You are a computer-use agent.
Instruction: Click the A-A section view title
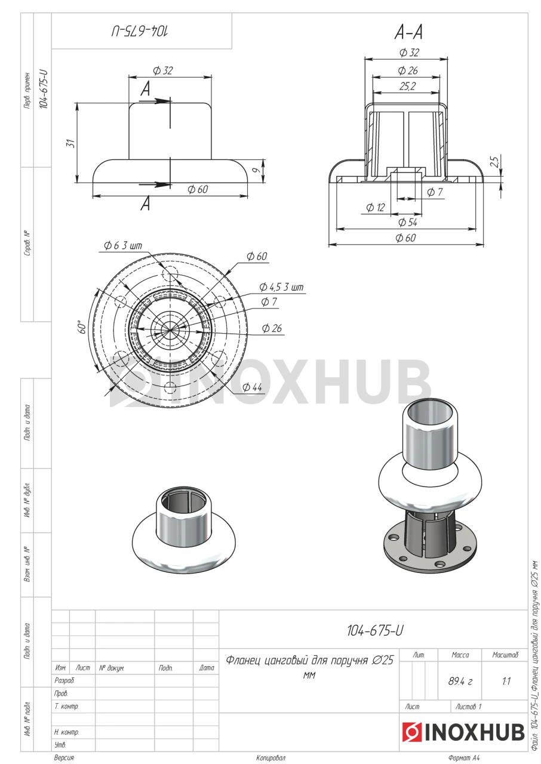[x=408, y=33]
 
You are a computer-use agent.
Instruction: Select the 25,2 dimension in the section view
[x=408, y=87]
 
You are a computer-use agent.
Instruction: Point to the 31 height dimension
[x=70, y=143]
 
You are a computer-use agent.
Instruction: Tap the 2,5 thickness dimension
[x=495, y=161]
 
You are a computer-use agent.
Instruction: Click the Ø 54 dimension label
[x=408, y=223]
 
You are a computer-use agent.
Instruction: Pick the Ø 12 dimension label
[x=375, y=207]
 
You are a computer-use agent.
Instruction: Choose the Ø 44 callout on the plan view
[x=252, y=387]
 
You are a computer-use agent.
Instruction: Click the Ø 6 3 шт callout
[x=123, y=245]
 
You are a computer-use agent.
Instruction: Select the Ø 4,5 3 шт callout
[x=281, y=287]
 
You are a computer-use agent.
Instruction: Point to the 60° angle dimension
[x=82, y=326]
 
